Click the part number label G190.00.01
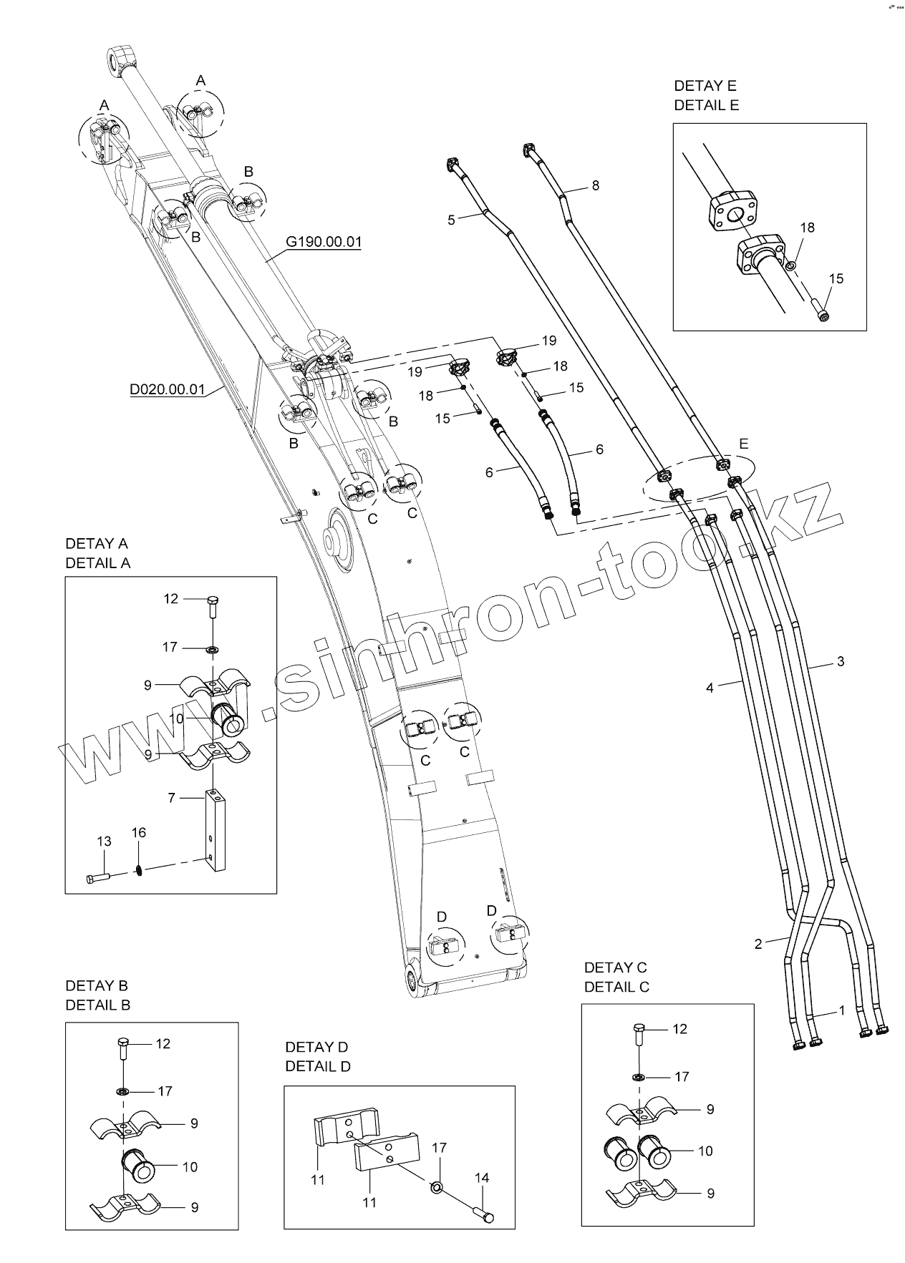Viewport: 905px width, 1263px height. (x=324, y=241)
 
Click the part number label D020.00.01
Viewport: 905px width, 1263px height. (x=168, y=389)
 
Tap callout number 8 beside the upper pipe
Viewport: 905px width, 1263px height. (x=595, y=185)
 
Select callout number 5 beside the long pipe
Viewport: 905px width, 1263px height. (x=451, y=220)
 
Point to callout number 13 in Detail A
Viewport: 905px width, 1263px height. (x=104, y=841)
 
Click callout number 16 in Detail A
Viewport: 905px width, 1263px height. (x=138, y=832)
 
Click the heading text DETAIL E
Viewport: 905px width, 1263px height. (x=706, y=105)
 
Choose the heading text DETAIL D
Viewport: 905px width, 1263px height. (x=318, y=1066)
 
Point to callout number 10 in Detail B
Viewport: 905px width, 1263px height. (x=189, y=1166)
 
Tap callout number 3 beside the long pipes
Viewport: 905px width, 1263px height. (x=841, y=660)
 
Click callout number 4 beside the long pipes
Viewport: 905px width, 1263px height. (x=710, y=688)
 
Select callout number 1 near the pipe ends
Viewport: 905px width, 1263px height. (x=842, y=1010)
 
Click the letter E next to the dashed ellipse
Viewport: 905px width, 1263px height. (x=743, y=444)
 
